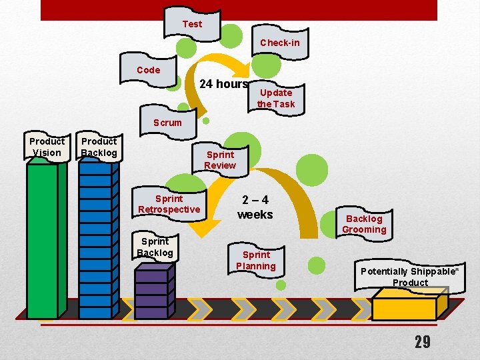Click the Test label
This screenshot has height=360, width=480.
click(x=192, y=24)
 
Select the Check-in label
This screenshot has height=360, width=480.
click(x=279, y=43)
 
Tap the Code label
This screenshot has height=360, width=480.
click(x=148, y=70)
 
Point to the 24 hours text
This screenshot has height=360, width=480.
click(x=224, y=84)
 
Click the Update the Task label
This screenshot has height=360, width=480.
click(x=275, y=98)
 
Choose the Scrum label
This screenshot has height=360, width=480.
click(x=167, y=123)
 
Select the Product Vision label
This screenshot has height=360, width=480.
click(x=47, y=147)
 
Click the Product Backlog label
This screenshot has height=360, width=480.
click(x=99, y=147)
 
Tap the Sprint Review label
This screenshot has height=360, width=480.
click(x=220, y=160)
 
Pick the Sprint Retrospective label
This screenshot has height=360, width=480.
click(x=169, y=204)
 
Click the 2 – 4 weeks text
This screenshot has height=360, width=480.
click(x=255, y=207)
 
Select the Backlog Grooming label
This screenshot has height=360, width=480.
click(x=364, y=224)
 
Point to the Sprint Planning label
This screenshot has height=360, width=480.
click(x=256, y=260)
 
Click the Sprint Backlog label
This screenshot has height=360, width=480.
click(x=155, y=247)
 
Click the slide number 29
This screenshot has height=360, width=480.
click(x=422, y=342)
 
